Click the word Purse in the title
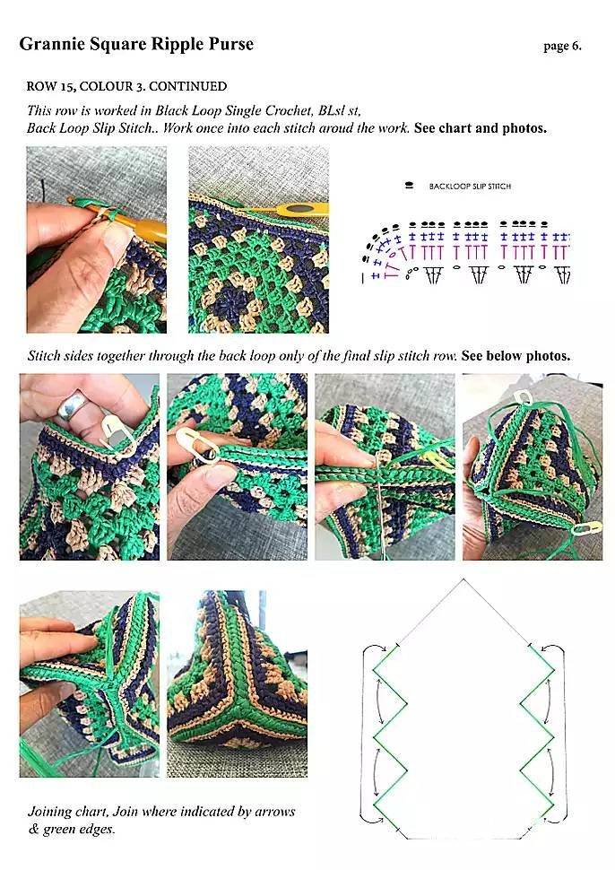(231, 44)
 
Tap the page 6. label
(562, 46)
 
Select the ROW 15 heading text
(126, 86)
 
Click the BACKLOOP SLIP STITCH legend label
(470, 187)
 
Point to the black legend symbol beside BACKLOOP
(410, 186)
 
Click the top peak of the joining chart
(463, 579)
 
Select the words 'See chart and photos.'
(481, 128)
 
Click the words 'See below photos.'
(515, 356)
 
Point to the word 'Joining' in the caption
(49, 812)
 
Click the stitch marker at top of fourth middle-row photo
(523, 396)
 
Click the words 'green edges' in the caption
(78, 830)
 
